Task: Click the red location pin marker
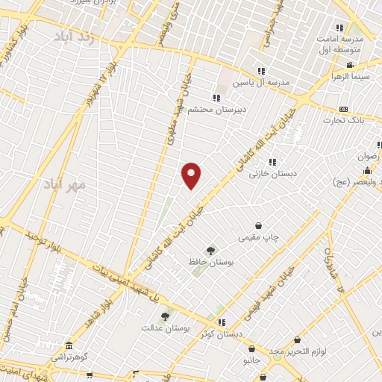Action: (192, 175)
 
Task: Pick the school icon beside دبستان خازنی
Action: (272, 162)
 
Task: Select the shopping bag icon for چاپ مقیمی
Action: (258, 225)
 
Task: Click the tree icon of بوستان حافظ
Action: (211, 251)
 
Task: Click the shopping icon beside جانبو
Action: (252, 348)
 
